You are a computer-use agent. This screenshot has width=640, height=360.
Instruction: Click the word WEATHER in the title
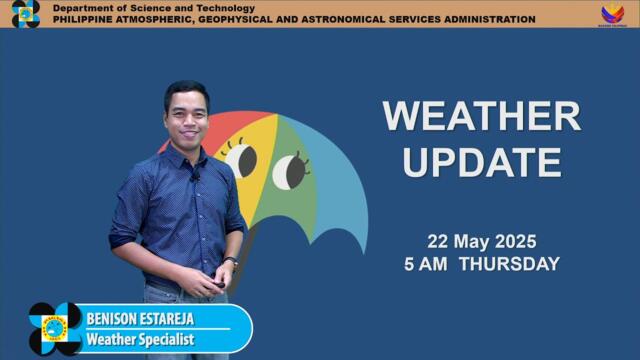pos(481,116)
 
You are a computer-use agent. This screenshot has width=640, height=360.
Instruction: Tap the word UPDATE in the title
pos(481,161)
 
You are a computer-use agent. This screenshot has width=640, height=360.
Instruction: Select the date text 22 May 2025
pos(482,241)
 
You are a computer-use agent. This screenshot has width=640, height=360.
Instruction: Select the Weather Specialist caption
pos(140,340)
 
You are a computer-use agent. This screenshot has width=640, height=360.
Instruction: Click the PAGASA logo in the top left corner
pos(25,13)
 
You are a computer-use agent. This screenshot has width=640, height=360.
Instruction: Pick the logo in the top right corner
pos(612,13)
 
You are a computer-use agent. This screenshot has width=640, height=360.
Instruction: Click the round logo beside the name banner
pos(55,328)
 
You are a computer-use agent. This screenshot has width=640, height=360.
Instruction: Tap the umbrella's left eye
pos(241,158)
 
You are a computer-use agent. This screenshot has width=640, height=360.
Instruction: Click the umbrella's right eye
pos(290,170)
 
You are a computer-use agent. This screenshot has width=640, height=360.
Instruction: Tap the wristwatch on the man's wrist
pos(231,262)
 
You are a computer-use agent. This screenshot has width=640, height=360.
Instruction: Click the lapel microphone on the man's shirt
pos(195,176)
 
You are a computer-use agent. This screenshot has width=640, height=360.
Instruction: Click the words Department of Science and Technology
pos(153,8)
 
